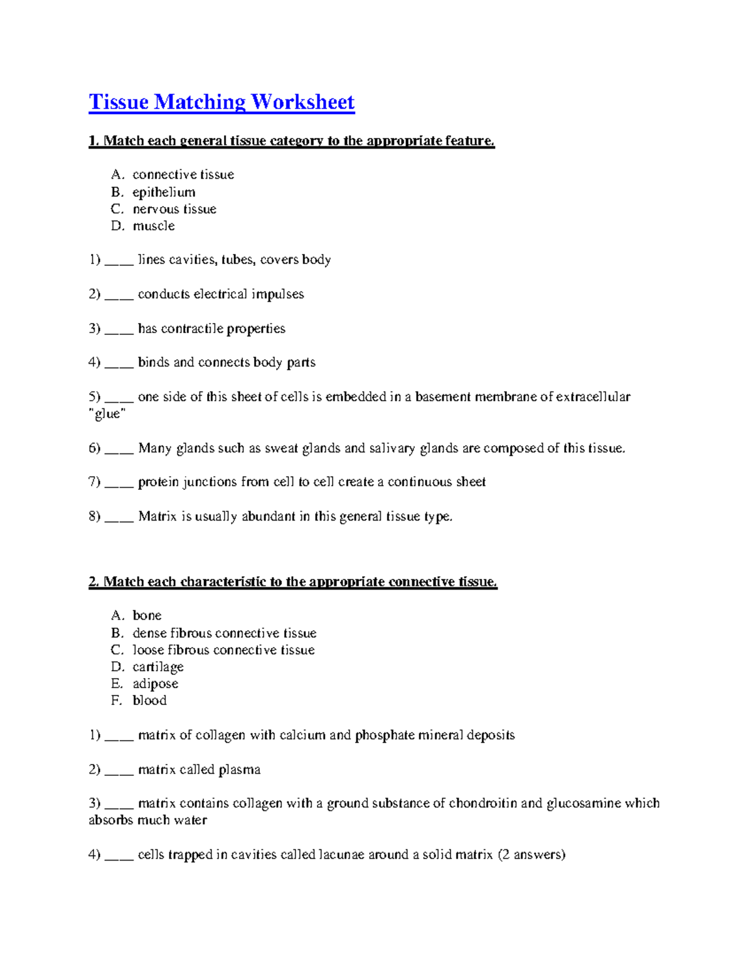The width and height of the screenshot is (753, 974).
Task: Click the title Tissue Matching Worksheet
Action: point(222,102)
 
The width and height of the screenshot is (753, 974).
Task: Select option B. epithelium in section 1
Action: point(163,192)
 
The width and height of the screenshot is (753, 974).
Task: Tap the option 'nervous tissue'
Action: point(174,209)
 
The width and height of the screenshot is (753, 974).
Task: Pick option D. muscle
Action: point(153,226)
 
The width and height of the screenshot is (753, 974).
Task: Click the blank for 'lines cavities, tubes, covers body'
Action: point(119,260)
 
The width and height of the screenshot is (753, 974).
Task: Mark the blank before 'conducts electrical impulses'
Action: point(119,295)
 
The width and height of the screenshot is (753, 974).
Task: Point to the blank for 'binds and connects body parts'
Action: point(119,363)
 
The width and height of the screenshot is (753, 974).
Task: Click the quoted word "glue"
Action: point(107,414)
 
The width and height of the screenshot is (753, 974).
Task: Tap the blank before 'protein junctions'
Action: point(119,483)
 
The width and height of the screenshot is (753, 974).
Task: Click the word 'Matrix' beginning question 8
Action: point(157,517)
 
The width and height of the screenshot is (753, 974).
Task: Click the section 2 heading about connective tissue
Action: point(292,582)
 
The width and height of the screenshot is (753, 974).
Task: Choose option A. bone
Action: point(147,615)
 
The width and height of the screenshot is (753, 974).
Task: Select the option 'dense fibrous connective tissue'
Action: point(224,633)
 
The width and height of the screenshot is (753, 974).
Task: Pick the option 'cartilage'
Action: point(158,667)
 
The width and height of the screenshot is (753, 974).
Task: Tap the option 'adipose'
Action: point(155,684)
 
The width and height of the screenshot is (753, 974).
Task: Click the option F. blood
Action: point(149,701)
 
